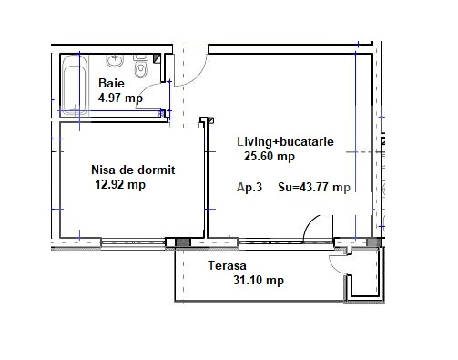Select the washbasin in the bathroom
tap(115, 62)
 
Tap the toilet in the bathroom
tap(139, 69)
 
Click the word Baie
tap(112, 83)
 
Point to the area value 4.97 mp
tap(120, 98)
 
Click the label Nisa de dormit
tap(133, 170)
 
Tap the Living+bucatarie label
tap(285, 142)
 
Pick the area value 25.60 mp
tap(269, 156)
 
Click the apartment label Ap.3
tap(249, 189)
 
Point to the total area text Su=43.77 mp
tap(313, 189)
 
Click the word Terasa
tap(215, 266)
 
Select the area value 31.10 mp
tap(258, 281)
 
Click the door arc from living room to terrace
tap(311, 228)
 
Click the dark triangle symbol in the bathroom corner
tap(158, 57)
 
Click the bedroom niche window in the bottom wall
tap(131, 242)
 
